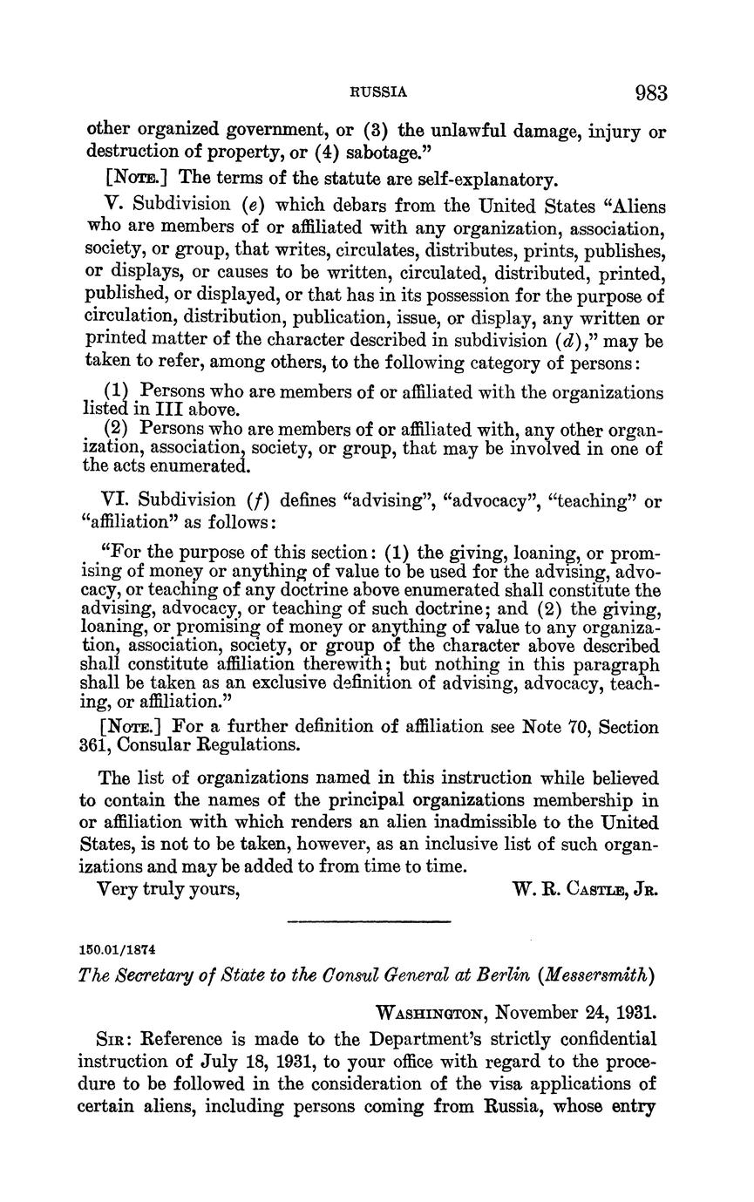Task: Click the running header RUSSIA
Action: (x=378, y=92)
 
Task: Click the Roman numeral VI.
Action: (x=114, y=500)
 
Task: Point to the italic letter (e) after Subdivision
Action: (x=254, y=206)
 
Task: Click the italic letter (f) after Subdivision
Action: (x=260, y=500)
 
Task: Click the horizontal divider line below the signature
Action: (x=369, y=921)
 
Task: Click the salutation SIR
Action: (x=117, y=1039)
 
